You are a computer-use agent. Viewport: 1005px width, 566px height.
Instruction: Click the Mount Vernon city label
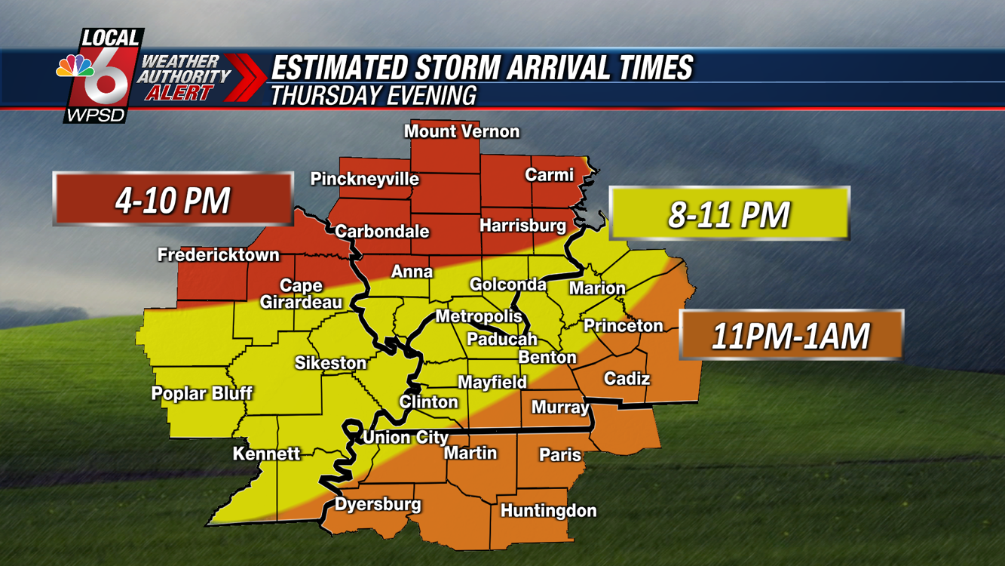461,131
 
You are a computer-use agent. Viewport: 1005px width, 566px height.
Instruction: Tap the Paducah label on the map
501,339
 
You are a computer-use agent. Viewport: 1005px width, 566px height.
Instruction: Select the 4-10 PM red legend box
173,200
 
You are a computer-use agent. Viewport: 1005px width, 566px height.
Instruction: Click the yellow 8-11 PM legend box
729,214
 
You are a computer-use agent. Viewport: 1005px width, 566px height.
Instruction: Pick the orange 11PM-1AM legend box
791,335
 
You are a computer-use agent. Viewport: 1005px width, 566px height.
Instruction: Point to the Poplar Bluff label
201,393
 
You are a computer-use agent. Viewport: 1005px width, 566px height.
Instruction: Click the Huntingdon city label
548,511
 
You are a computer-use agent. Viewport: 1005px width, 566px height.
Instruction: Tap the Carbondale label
381,231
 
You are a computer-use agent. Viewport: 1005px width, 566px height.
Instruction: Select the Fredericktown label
219,255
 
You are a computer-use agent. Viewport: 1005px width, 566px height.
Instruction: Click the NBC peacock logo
75,66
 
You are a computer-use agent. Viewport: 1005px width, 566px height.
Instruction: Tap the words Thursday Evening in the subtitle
373,96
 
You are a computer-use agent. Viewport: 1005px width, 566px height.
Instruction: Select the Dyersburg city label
378,504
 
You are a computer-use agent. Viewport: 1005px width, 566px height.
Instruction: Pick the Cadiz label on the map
627,379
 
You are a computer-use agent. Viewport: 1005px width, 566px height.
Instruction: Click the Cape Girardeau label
301,294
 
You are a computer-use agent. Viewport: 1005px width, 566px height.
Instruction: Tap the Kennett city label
266,454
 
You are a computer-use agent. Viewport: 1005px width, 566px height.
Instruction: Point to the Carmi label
549,175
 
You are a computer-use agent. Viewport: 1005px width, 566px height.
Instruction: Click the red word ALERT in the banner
178,93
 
